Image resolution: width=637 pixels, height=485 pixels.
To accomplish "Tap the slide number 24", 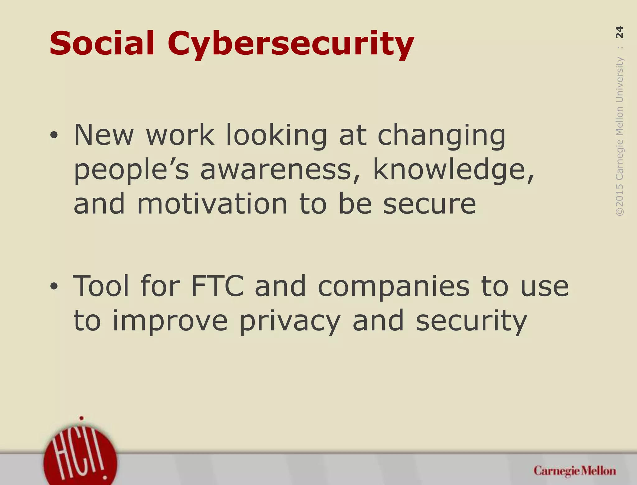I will coord(619,32).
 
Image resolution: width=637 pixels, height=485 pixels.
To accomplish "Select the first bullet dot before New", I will coord(54,136).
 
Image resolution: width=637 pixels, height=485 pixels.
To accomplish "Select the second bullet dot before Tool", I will coord(54,286).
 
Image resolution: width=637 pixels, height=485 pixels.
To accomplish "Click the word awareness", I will coord(276,170).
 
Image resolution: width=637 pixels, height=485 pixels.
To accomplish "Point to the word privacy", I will coord(290,321).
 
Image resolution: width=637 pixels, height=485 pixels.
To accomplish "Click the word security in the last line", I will coord(471,321).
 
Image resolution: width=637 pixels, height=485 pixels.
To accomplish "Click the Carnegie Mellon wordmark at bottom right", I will coord(574,471).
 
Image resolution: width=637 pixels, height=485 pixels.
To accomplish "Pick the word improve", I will coord(170,321).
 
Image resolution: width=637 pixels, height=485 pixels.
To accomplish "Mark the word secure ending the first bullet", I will coord(429,205).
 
